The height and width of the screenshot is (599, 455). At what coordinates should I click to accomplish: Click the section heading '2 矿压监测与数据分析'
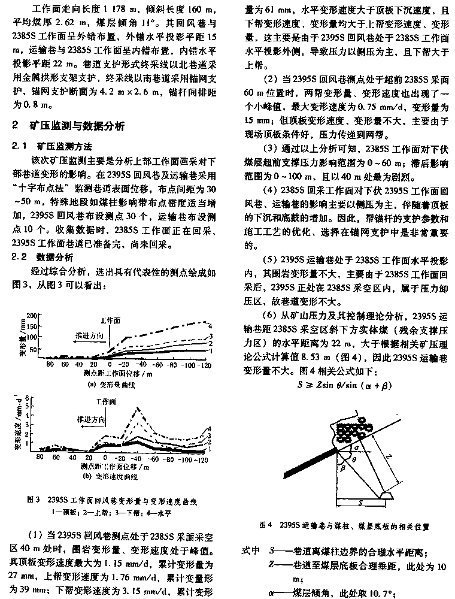(x=69, y=126)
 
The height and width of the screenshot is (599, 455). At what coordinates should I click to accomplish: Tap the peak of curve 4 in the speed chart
(x=139, y=408)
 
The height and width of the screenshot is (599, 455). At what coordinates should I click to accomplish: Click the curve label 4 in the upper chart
(x=210, y=325)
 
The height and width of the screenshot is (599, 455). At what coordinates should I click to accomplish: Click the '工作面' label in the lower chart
(x=104, y=401)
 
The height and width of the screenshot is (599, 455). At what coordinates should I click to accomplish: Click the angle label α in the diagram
(x=355, y=447)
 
